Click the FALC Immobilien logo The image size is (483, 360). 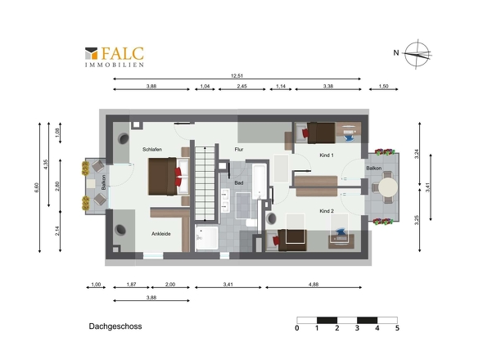tap(115, 57)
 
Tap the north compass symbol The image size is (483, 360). tap(418, 54)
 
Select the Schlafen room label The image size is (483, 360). tap(152, 150)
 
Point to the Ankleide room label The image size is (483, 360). tap(160, 234)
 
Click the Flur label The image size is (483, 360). tap(239, 150)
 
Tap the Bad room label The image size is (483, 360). tap(239, 183)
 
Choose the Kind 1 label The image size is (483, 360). tap(327, 155)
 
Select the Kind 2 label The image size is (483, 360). tap(327, 211)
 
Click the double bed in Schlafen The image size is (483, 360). tap(169, 177)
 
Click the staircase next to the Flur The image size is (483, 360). tap(205, 183)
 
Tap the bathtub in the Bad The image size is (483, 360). tap(260, 182)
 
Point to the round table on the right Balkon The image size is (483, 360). tap(388, 187)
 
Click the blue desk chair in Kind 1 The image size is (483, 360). tap(349, 136)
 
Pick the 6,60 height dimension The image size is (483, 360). tap(37, 187)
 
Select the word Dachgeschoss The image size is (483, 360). tap(115, 326)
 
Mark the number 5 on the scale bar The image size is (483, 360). tap(397, 328)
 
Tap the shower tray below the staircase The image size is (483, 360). tap(207, 238)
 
